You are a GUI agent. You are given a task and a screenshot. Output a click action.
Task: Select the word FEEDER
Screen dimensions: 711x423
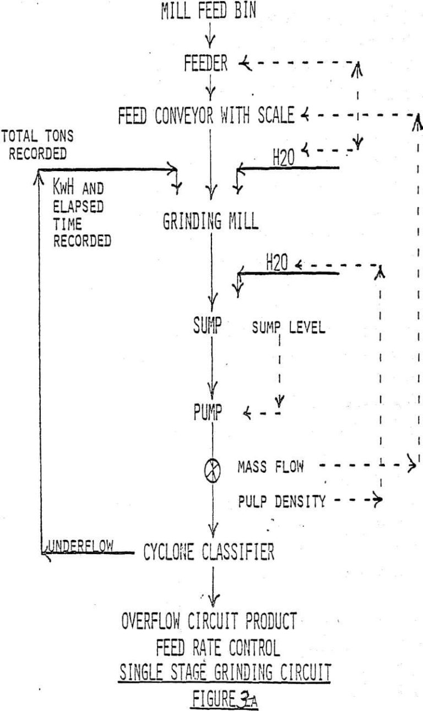205,64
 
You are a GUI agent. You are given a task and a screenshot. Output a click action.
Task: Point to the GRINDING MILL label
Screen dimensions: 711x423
210,221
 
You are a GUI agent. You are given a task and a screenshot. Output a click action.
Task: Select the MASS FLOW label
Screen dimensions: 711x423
270,468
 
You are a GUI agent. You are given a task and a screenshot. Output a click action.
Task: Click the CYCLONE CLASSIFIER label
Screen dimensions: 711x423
209,553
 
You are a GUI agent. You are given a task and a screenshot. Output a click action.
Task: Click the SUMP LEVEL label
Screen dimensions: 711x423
289,329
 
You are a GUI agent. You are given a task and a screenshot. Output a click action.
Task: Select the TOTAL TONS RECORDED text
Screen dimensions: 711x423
37,145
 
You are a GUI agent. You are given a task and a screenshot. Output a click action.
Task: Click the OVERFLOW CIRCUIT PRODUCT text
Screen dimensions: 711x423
209,622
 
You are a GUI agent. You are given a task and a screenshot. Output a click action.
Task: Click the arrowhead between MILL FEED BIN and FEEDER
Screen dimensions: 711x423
210,41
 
